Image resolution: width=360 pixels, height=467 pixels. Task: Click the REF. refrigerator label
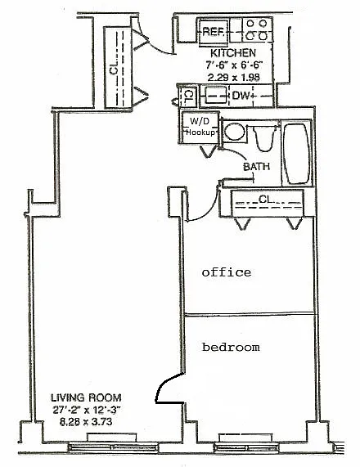pyautogui.click(x=213, y=31)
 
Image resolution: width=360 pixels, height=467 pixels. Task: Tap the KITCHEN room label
pyautogui.click(x=233, y=53)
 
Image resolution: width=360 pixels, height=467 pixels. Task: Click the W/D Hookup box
pyautogui.click(x=200, y=128)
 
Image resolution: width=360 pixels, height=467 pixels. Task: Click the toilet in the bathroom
pyautogui.click(x=263, y=138)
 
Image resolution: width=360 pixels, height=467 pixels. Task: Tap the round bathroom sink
pyautogui.click(x=234, y=132)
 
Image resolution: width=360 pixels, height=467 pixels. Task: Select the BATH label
pyautogui.click(x=257, y=167)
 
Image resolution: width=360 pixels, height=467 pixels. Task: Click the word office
pyautogui.click(x=227, y=272)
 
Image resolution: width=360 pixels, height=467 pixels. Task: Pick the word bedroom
pyautogui.click(x=231, y=347)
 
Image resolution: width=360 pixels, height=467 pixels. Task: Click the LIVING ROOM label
pyautogui.click(x=86, y=397)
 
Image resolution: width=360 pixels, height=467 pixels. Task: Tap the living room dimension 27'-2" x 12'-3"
pyautogui.click(x=86, y=410)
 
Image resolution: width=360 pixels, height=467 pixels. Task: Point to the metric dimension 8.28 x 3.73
pyautogui.click(x=86, y=422)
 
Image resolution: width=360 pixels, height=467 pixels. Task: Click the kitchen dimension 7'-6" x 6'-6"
pyautogui.click(x=234, y=65)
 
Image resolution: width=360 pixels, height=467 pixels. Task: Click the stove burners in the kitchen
pyautogui.click(x=257, y=29)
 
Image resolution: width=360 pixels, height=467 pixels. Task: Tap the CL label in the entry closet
pyautogui.click(x=115, y=69)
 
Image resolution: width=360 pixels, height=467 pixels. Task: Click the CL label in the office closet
pyautogui.click(x=266, y=199)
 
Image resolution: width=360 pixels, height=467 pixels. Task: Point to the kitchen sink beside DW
pyautogui.click(x=217, y=96)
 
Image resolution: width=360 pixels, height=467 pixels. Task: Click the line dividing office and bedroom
pyautogui.click(x=250, y=313)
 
